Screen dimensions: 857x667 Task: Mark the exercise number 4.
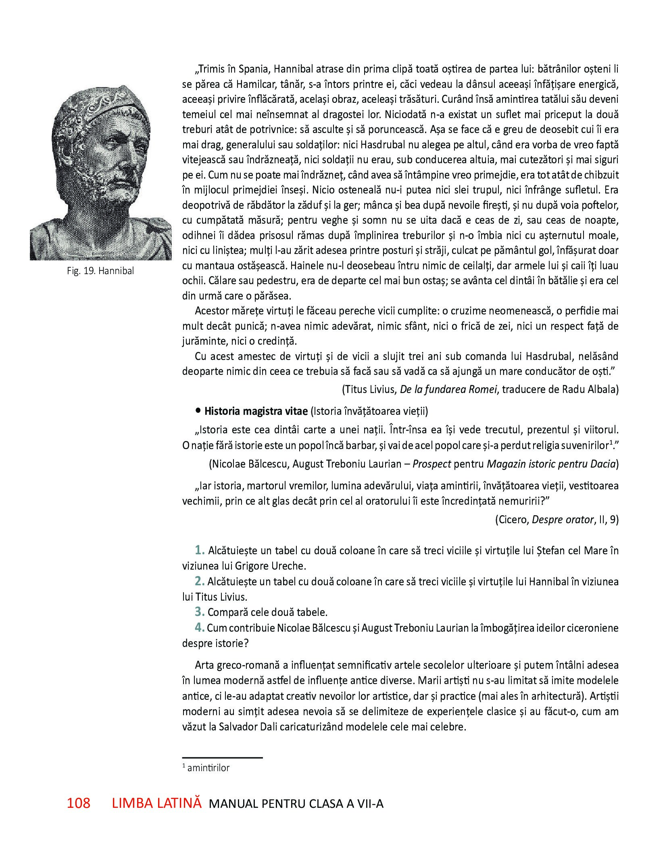[x=200, y=628]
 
